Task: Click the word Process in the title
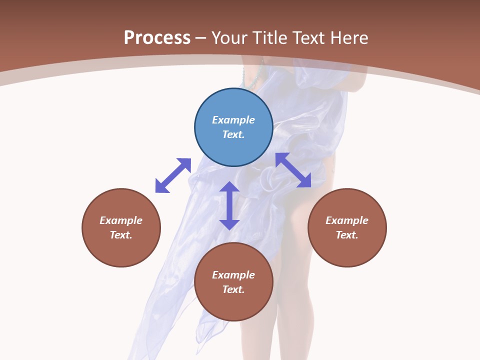pyautogui.click(x=157, y=38)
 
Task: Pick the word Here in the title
pyautogui.click(x=351, y=38)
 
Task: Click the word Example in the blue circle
pyautogui.click(x=233, y=120)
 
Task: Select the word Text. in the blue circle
pyautogui.click(x=233, y=134)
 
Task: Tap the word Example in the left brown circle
pyautogui.click(x=121, y=220)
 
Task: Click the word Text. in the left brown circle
pyautogui.click(x=121, y=235)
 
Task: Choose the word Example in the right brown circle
pyautogui.click(x=347, y=220)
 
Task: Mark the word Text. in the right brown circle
pyautogui.click(x=347, y=235)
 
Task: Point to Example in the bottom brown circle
pyautogui.click(x=233, y=275)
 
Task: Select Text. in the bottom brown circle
pyautogui.click(x=233, y=289)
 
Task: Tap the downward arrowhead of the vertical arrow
pyautogui.click(x=229, y=224)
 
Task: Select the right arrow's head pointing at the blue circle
pyautogui.click(x=281, y=158)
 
